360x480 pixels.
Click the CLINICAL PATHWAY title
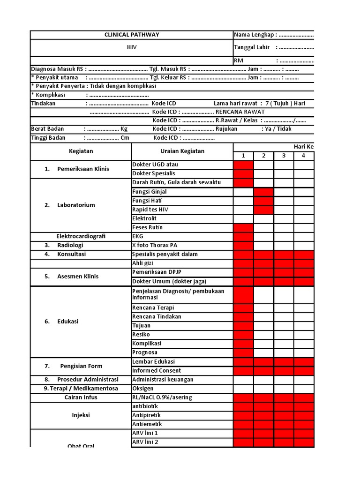tap(131, 35)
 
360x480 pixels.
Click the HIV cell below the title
tap(131, 47)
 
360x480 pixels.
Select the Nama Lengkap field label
tap(255, 35)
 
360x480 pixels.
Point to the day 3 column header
tap(284, 156)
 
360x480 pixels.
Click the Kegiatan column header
tap(81, 151)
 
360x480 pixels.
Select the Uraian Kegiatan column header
tap(182, 151)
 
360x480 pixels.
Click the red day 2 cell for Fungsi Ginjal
tap(263, 192)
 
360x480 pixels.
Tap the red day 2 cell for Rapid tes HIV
tap(263, 210)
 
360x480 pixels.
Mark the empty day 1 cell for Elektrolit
tap(243, 218)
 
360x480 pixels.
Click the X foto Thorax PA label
tap(155, 245)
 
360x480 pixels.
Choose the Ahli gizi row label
tap(144, 263)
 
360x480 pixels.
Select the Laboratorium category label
tap(76, 205)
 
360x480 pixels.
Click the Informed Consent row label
tap(156, 371)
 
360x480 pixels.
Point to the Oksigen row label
tap(143, 389)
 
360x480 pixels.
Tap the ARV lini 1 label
tap(145, 433)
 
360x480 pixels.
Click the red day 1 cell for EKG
tap(243, 236)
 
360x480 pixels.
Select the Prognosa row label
tap(145, 352)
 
